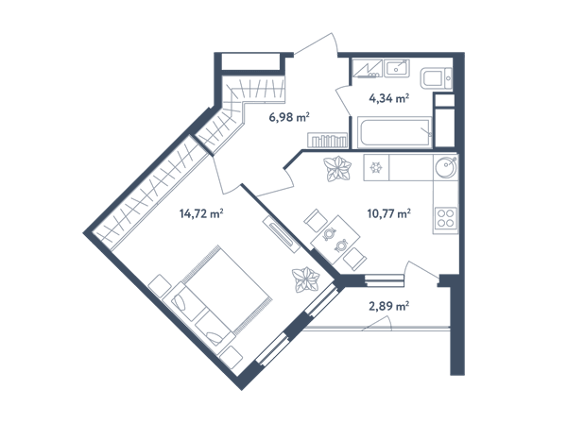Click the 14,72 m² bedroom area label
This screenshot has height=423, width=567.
[201, 213]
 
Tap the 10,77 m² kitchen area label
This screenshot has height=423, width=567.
[388, 213]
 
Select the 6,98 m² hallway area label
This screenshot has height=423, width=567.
[289, 117]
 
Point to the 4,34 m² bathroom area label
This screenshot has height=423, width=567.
[388, 98]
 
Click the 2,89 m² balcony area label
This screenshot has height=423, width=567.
[388, 306]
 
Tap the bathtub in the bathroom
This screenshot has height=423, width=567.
[394, 132]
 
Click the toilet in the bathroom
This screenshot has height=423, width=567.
[436, 79]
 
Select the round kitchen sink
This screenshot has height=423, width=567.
[446, 168]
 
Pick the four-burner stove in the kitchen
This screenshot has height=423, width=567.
[445, 218]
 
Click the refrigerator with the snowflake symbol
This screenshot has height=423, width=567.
[376, 167]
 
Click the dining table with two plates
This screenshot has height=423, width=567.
[335, 240]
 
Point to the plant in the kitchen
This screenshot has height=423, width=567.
[337, 169]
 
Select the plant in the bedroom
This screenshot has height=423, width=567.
[306, 279]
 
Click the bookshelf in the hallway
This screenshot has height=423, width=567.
[327, 140]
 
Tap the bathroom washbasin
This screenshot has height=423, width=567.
[397, 68]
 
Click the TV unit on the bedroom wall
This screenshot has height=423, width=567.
[281, 234]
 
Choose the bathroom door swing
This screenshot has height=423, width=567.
[344, 101]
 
